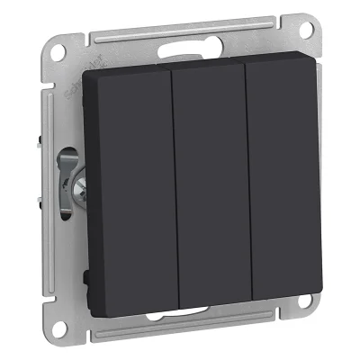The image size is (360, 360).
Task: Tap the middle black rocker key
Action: point(210,193)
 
